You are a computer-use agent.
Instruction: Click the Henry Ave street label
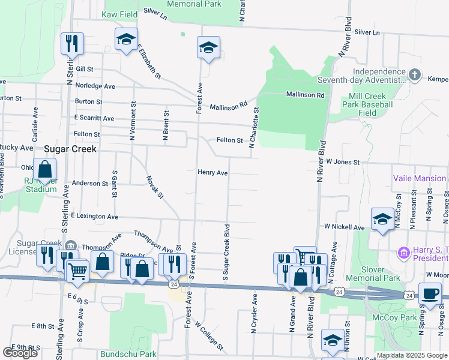[212, 173]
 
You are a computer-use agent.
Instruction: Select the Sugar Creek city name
[70, 148]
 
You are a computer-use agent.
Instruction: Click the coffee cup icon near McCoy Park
[429, 295]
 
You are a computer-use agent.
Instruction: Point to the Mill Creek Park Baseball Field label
[371, 104]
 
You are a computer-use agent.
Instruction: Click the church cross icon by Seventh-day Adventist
[414, 74]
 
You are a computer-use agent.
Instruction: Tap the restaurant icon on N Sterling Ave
[71, 43]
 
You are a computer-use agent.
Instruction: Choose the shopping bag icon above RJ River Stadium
[44, 170]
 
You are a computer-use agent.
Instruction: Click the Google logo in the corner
[20, 353]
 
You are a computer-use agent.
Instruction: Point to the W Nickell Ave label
[344, 227]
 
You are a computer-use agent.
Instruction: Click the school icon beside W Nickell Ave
[382, 220]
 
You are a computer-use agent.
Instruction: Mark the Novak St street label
[154, 187]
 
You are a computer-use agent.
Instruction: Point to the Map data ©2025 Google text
[411, 355]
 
